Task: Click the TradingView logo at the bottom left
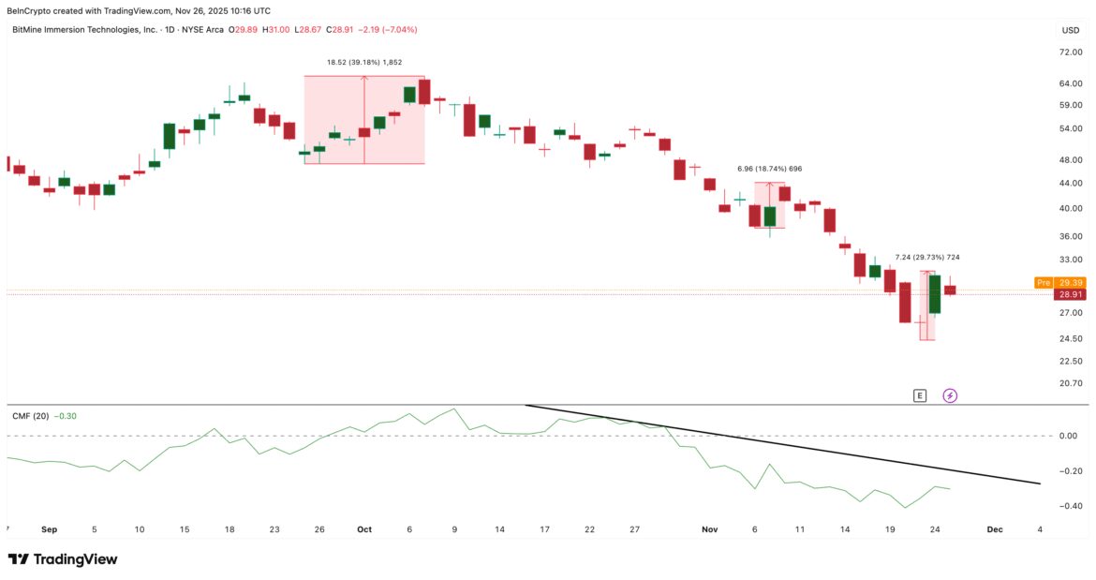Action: click(63, 559)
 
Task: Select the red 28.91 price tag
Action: click(1069, 294)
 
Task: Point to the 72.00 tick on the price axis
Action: click(1070, 52)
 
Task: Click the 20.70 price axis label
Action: click(1070, 383)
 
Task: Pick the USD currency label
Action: click(1070, 30)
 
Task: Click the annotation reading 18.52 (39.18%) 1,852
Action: click(363, 62)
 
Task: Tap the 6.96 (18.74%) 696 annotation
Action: click(769, 169)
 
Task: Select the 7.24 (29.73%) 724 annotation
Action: click(926, 258)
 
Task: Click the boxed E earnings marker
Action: click(919, 395)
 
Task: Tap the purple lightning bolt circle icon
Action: click(950, 395)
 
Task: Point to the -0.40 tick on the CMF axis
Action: click(1068, 506)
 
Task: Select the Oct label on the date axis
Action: click(364, 529)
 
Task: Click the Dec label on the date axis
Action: click(995, 529)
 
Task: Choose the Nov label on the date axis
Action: click(709, 529)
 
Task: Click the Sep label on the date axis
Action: click(49, 529)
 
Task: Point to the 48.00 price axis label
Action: click(1070, 160)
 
